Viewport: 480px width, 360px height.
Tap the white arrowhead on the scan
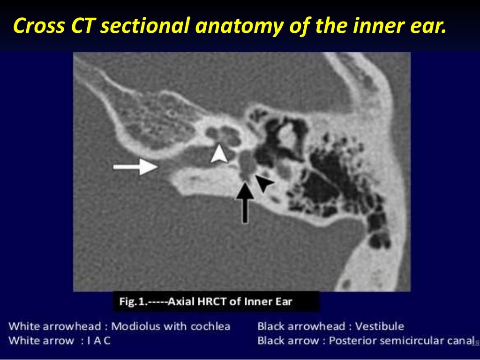point(218,154)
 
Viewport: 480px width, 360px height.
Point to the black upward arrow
point(245,202)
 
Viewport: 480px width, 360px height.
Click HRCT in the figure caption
point(210,301)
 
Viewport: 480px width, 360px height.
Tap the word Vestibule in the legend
point(380,326)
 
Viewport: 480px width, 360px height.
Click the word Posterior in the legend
point(350,341)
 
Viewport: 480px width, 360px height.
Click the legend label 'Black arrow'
point(286,341)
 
